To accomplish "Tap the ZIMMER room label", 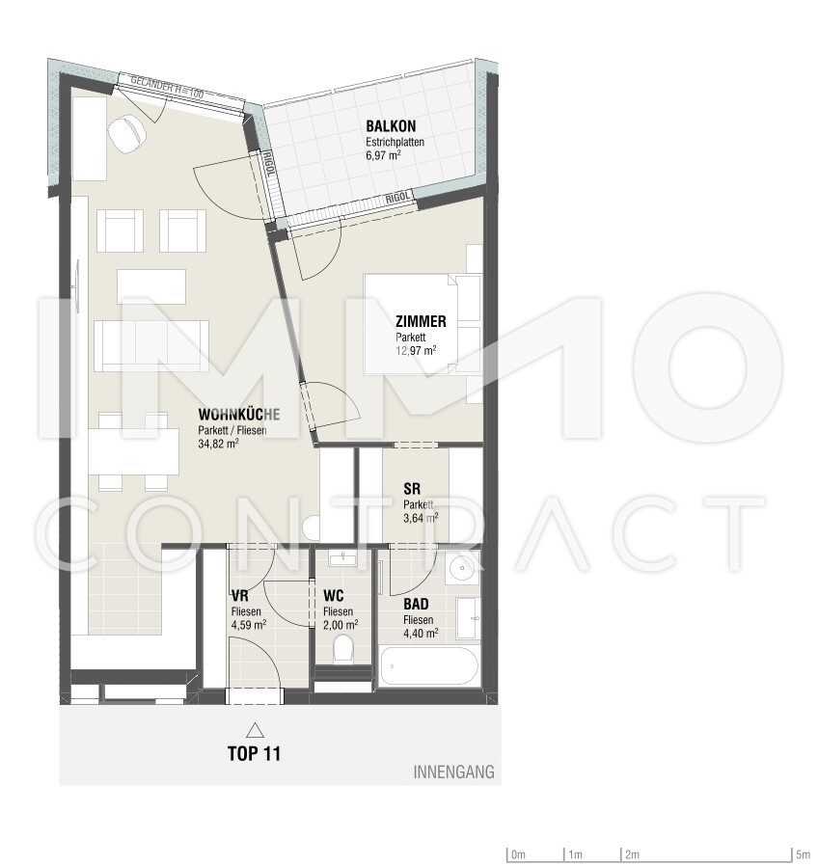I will click(421, 322).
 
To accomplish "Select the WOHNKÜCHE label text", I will click(238, 415).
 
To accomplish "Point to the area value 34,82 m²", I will click(218, 445).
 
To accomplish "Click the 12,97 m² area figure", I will click(415, 351).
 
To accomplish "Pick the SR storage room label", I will click(411, 488).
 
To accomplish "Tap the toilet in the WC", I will click(341, 653).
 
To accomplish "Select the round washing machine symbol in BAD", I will click(463, 566).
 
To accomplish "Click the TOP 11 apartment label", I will click(254, 754).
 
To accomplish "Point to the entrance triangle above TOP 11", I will click(254, 730).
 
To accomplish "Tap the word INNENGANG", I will click(453, 771).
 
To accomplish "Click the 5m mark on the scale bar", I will click(803, 854).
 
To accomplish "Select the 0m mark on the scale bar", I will click(518, 854).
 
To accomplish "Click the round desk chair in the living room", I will click(124, 135).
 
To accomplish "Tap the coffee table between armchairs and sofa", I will click(151, 284).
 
